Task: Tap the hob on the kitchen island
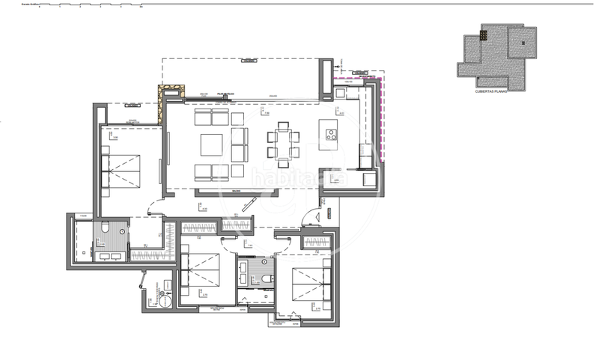[329, 134]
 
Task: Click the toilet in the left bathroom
[106, 228]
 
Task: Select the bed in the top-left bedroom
[122, 171]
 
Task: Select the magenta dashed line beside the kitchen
[380, 120]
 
